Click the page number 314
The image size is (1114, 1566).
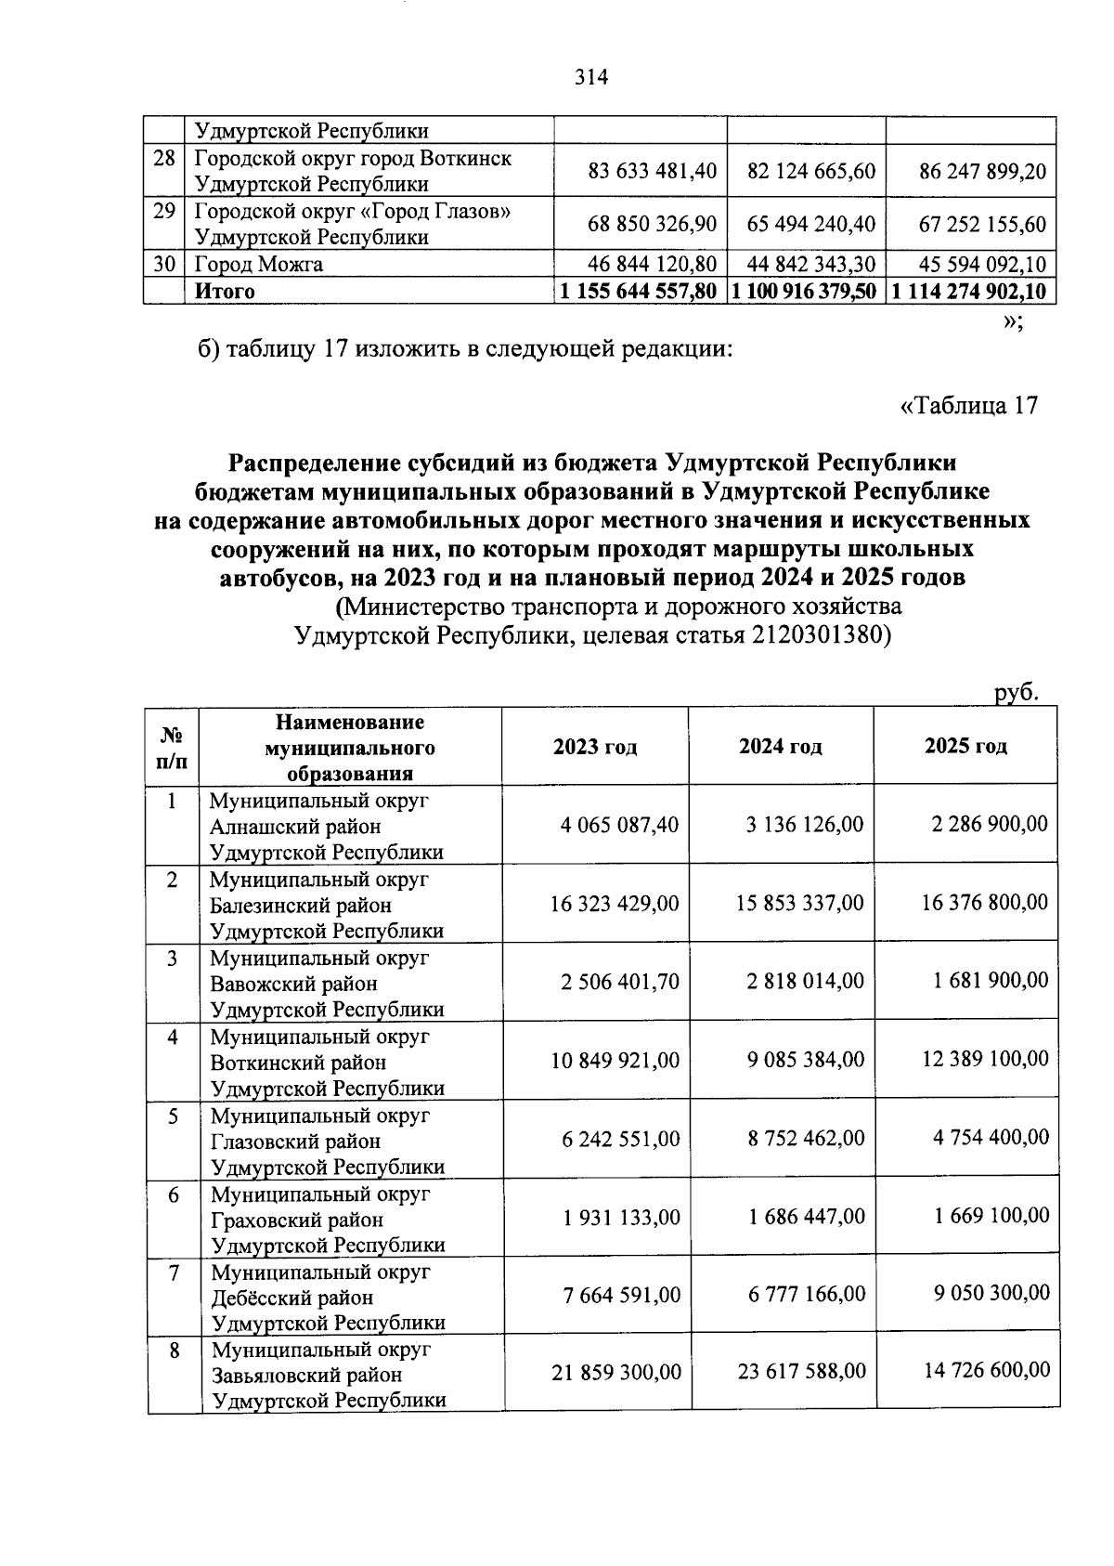coord(590,77)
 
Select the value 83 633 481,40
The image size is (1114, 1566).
coord(653,172)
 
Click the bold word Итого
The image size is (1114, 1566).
coord(224,292)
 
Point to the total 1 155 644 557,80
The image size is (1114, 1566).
coord(639,292)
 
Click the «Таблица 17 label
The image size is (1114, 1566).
coord(968,406)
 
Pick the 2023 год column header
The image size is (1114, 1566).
coord(595,747)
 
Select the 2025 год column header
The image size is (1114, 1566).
coord(965,747)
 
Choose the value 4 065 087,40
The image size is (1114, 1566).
coord(619,825)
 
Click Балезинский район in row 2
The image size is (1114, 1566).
coord(301,905)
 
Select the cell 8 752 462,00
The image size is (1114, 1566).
coord(806,1139)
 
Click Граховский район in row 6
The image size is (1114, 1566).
coord(297,1220)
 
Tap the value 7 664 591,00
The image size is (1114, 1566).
coord(621,1295)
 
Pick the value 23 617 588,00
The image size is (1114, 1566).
coord(801,1371)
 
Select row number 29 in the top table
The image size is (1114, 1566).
coord(164,212)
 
